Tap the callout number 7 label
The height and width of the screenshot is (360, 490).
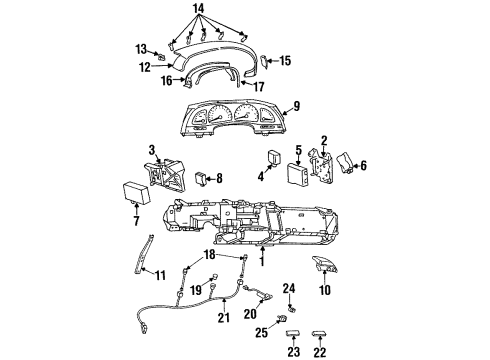pyautogui.click(x=137, y=219)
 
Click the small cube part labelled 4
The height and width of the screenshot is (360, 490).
pyautogui.click(x=272, y=160)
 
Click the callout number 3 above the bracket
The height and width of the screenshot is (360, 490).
pyautogui.click(x=152, y=149)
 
